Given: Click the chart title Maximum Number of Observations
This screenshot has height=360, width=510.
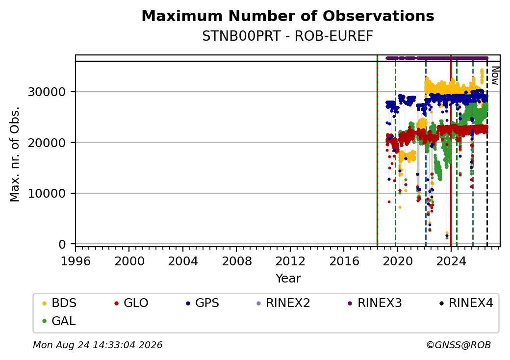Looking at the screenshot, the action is coord(288,16).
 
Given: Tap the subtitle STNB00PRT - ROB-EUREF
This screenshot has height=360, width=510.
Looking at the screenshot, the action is coord(287,36).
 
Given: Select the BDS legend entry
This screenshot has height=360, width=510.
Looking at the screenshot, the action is coord(59,303).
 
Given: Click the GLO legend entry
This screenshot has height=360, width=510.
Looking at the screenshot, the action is coord(131,303).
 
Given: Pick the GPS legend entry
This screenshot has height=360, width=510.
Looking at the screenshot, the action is coord(203,303).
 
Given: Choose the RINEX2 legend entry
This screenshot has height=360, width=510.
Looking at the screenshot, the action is coord(283,303).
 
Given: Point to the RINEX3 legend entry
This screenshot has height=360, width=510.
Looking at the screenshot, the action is coord(375,303).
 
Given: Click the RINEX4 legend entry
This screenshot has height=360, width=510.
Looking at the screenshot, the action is coord(466,303).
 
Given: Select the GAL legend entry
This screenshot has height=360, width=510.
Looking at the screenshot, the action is coord(59,321).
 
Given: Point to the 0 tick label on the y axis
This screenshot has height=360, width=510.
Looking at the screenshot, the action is coord(62,244).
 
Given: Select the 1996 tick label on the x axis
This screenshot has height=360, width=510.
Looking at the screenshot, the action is coord(76,261).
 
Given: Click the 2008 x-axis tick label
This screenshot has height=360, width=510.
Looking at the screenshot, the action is coord(237,261).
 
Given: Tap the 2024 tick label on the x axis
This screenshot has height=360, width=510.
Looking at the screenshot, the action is coord(451,261).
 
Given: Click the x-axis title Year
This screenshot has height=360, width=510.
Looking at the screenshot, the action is coord(288,279).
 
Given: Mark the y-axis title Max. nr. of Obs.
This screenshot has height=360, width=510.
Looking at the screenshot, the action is coord(15,154).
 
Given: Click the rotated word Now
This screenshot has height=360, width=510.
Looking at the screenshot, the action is coord(495,76).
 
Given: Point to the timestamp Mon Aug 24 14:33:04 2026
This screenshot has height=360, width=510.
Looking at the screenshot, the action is coord(98,345).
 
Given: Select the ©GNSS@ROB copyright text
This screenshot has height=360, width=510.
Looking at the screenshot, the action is coord(459,345).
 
